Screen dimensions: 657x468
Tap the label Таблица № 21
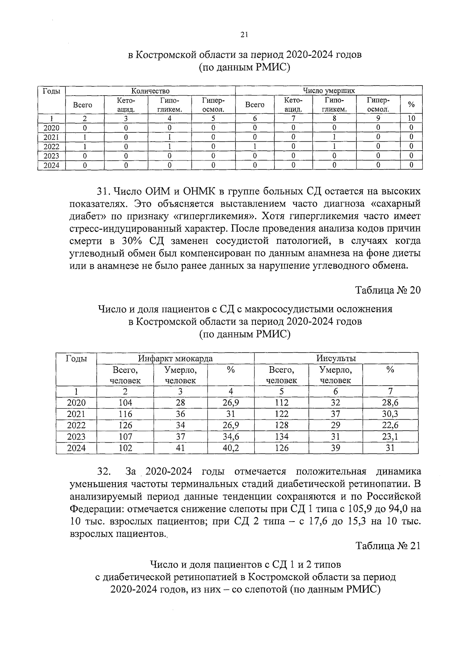coord(388,546)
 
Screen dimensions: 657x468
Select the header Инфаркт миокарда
coord(175,358)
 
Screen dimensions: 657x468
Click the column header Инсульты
coord(336,358)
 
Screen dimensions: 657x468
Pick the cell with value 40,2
coord(230,448)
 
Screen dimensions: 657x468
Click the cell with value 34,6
coord(230,437)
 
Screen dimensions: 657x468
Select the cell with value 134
coord(281,437)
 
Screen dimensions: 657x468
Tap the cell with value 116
coord(125,414)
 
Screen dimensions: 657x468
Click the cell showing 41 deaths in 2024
coord(180,448)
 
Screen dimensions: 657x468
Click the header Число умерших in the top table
coord(329,91)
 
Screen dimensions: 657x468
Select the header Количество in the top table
coord(150,91)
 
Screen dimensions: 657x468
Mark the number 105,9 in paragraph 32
coord(347,509)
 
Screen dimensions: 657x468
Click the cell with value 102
coord(125,448)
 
